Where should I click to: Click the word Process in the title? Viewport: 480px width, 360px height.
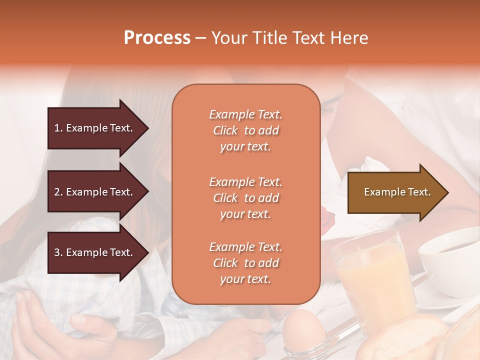point(157,38)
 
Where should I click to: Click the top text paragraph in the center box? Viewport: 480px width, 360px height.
point(245,130)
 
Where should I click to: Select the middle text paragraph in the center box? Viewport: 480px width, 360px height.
point(245,198)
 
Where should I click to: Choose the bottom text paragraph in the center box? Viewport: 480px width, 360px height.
point(245,263)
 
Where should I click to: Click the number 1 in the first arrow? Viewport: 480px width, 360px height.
point(56,128)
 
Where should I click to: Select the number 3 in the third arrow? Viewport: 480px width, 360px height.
point(56,252)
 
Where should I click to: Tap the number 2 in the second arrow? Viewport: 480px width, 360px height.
point(56,192)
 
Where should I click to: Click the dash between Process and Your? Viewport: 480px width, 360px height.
point(200,38)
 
